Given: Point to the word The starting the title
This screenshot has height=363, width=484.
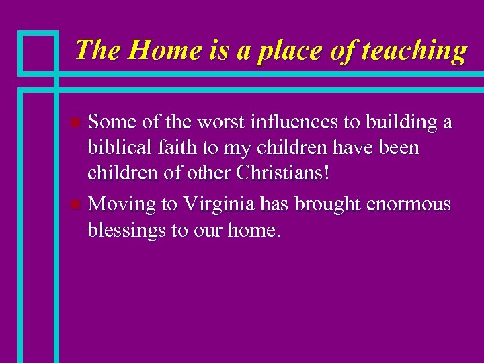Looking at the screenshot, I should pyautogui.click(x=98, y=50).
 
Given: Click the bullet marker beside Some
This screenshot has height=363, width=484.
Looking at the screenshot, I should pyautogui.click(x=75, y=123).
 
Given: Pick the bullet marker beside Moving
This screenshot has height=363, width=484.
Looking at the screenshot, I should pyautogui.click(x=75, y=204).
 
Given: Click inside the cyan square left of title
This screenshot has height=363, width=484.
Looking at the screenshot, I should pyautogui.click(x=39, y=52).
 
